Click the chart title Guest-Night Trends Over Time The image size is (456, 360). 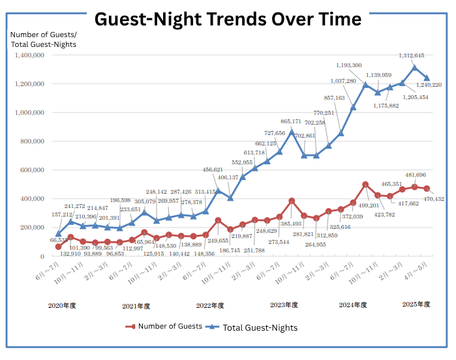pos(228,18)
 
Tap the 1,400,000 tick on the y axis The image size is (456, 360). pos(28,55)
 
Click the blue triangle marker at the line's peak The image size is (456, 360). pos(414,67)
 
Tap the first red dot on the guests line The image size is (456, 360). pos(58,247)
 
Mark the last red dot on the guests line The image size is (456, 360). pos(427,188)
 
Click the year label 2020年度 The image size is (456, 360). pos(62,305)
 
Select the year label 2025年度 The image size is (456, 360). pos(415,305)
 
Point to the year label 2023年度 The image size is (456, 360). pos(283,305)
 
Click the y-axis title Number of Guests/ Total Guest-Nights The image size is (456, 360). pos(44,39)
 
